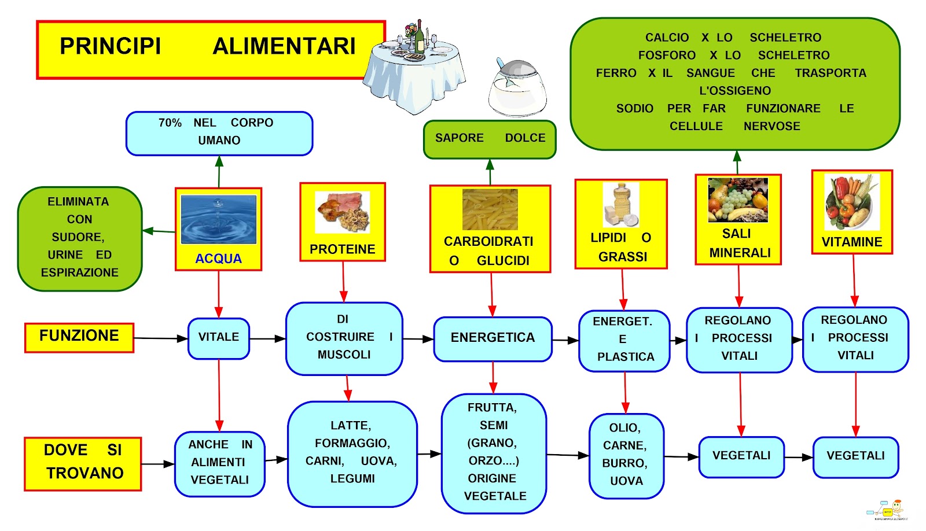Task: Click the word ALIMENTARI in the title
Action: [x=284, y=46]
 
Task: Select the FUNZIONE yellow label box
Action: [x=79, y=337]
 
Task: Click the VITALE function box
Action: [x=219, y=338]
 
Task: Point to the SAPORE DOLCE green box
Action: [x=490, y=139]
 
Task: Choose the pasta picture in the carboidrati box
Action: [x=490, y=209]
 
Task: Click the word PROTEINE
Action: [x=342, y=249]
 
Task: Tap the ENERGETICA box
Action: [x=493, y=338]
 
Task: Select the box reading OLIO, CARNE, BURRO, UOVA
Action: [x=626, y=455]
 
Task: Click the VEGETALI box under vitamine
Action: [x=855, y=456]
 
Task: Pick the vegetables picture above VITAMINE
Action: [x=851, y=202]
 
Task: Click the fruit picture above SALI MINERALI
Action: [x=738, y=200]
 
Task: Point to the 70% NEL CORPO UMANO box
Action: [x=219, y=133]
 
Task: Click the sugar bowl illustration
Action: [x=517, y=90]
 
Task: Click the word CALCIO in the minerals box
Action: [x=667, y=38]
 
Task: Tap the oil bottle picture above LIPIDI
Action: [x=620, y=205]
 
